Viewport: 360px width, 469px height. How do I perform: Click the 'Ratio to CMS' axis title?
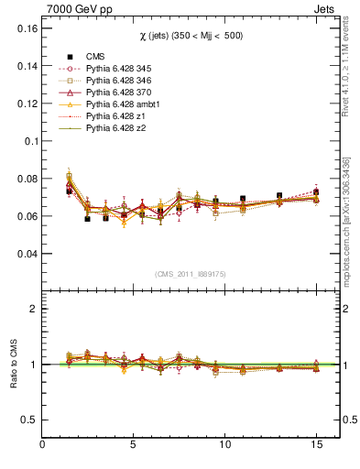coord(12,365)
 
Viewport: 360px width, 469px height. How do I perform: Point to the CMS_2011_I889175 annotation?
coord(191,274)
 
